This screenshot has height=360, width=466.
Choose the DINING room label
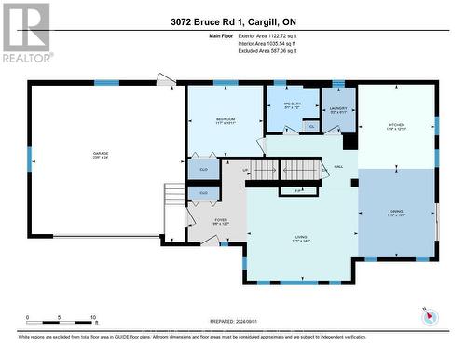(396, 212)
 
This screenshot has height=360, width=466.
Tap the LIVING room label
(300, 238)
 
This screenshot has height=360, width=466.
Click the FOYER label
(195, 221)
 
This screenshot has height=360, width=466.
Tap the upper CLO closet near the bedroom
(203, 170)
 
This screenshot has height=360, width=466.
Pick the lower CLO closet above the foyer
(203, 192)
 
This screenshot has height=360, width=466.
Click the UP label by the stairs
(246, 170)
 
